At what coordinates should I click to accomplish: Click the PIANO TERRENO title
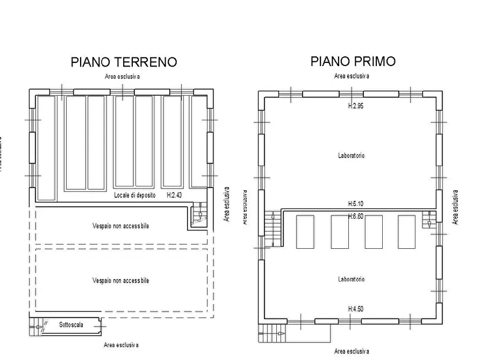click(124, 62)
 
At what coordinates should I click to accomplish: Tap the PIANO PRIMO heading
click(353, 61)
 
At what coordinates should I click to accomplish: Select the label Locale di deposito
click(135, 196)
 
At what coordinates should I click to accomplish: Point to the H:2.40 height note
click(174, 196)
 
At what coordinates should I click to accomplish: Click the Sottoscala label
click(71, 325)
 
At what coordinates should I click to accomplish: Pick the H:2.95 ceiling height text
click(356, 106)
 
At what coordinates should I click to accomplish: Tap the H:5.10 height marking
click(356, 204)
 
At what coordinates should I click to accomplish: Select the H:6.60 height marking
click(356, 215)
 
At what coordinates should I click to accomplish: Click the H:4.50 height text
click(356, 308)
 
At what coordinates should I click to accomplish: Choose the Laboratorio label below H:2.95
click(352, 156)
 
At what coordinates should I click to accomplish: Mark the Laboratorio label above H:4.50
click(352, 279)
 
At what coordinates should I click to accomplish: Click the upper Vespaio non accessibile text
click(120, 226)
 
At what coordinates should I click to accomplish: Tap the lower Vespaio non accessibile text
click(120, 280)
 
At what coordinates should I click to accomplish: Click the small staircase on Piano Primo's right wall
click(429, 220)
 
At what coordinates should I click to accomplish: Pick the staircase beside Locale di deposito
click(199, 214)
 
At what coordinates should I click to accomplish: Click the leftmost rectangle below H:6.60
click(305, 232)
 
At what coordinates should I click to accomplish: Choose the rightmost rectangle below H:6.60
click(406, 232)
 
